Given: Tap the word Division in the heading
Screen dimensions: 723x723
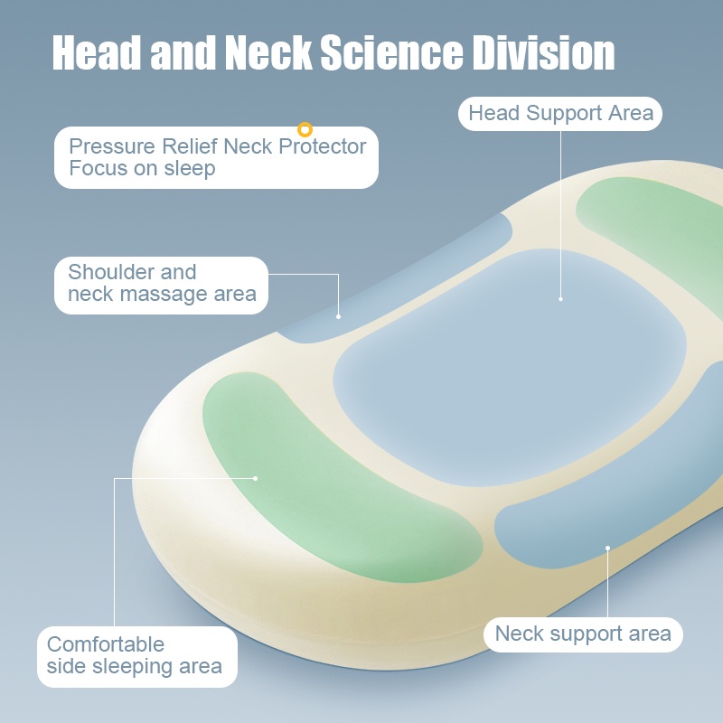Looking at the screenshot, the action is click(545, 54).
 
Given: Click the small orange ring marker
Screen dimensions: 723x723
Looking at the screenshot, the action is click(305, 130).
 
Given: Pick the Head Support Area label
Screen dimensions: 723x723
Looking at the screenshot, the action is click(560, 114).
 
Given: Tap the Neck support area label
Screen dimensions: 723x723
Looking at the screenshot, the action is click(583, 634).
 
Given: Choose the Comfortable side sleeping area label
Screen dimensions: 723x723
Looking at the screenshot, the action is click(136, 655).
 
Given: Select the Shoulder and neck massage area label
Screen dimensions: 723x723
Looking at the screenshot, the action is click(162, 284).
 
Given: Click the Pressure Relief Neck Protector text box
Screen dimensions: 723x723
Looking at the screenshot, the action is click(216, 157).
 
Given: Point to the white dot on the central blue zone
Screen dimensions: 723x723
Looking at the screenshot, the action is click(560, 298).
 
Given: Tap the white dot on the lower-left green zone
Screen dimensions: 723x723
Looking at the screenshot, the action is click(256, 477).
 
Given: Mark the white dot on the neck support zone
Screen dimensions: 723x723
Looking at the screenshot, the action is click(608, 548).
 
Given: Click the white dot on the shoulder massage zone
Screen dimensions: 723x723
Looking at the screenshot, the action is click(339, 316).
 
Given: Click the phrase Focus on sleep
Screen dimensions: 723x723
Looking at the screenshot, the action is click(142, 169).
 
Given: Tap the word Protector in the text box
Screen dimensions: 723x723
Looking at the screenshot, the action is click(321, 146).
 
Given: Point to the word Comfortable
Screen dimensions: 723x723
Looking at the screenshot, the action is click(106, 644).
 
